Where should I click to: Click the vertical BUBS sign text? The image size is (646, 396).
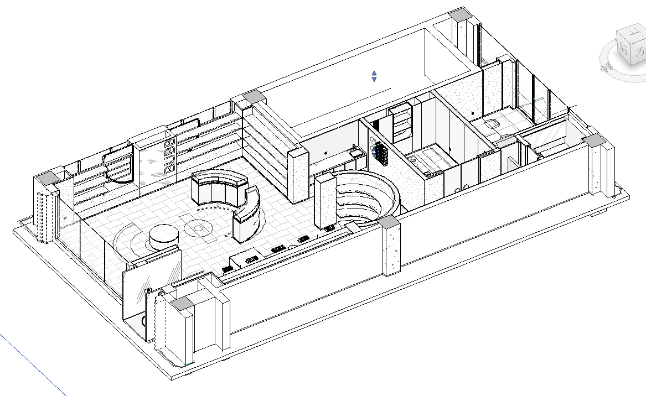[x=170, y=157]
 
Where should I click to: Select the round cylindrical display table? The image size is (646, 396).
[x=164, y=237]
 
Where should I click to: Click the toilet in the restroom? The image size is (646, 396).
[x=492, y=123]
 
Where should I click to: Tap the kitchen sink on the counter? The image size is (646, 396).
[x=354, y=150]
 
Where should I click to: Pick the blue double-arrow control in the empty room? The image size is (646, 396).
[x=374, y=76]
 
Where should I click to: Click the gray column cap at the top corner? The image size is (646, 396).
[x=461, y=15]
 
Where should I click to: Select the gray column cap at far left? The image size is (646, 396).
[x=45, y=177]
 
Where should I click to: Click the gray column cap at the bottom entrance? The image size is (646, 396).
[x=181, y=303]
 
